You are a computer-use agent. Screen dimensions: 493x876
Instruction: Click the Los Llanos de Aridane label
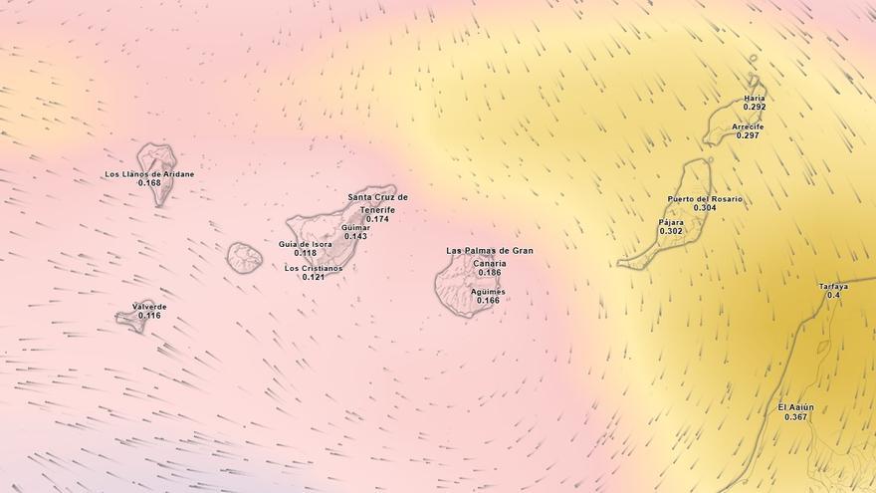click(x=149, y=174)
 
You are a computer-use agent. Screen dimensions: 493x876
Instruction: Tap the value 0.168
click(x=149, y=183)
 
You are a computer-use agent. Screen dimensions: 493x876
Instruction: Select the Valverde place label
click(x=149, y=307)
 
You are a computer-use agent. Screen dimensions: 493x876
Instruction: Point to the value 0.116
click(x=149, y=316)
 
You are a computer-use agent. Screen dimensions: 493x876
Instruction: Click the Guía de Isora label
click(x=306, y=244)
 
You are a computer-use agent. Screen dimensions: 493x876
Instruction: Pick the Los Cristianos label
click(x=314, y=268)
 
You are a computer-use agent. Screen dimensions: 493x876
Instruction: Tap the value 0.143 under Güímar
click(x=355, y=236)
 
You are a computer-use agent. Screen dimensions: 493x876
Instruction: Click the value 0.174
click(x=377, y=219)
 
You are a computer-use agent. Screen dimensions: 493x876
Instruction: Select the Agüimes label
click(x=488, y=292)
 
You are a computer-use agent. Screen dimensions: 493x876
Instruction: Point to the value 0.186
click(x=489, y=273)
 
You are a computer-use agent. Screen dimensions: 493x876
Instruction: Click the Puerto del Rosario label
click(x=705, y=199)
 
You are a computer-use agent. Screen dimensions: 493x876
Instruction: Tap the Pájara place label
click(x=671, y=222)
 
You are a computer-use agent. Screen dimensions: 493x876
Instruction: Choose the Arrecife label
click(x=748, y=126)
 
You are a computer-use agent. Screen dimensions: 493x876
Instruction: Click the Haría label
click(x=755, y=99)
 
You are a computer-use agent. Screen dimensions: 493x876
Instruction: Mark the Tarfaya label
click(x=833, y=287)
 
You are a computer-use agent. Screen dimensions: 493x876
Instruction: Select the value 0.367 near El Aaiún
click(x=795, y=417)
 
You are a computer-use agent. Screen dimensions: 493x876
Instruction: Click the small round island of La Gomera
click(x=244, y=258)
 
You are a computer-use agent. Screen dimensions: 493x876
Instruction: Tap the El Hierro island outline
click(x=130, y=319)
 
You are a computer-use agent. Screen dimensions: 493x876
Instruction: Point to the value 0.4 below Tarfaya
click(x=833, y=296)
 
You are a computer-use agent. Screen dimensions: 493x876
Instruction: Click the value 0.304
click(x=705, y=208)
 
